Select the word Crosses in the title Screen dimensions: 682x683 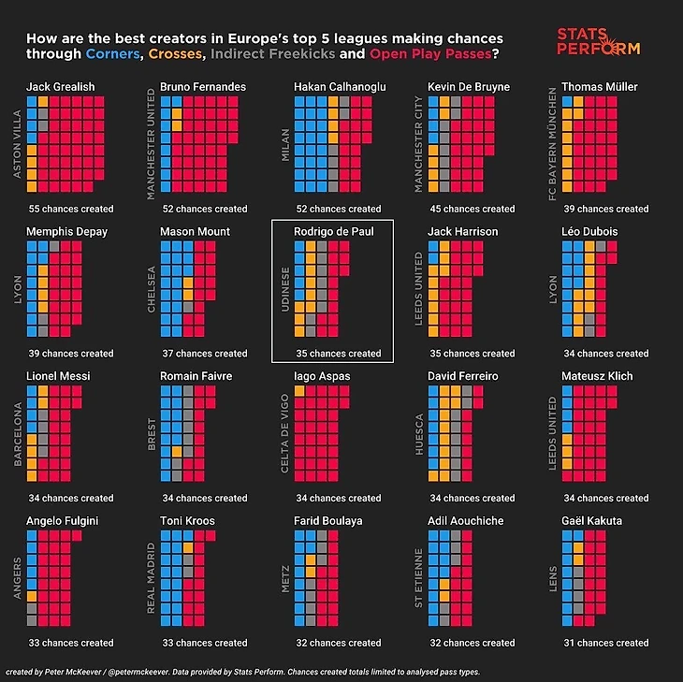[177, 54]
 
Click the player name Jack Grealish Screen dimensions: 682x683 [60, 87]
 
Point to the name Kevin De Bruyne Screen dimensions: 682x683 [469, 87]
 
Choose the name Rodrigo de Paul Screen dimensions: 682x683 [334, 232]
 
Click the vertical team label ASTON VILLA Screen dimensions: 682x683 [16, 144]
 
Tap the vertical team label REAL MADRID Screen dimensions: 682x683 [151, 577]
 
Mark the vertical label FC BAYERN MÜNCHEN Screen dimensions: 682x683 [552, 144]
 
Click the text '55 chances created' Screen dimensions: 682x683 [71, 209]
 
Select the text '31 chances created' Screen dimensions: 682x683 [606, 643]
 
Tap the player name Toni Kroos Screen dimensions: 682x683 [187, 521]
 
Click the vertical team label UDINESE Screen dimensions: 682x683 [284, 289]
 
